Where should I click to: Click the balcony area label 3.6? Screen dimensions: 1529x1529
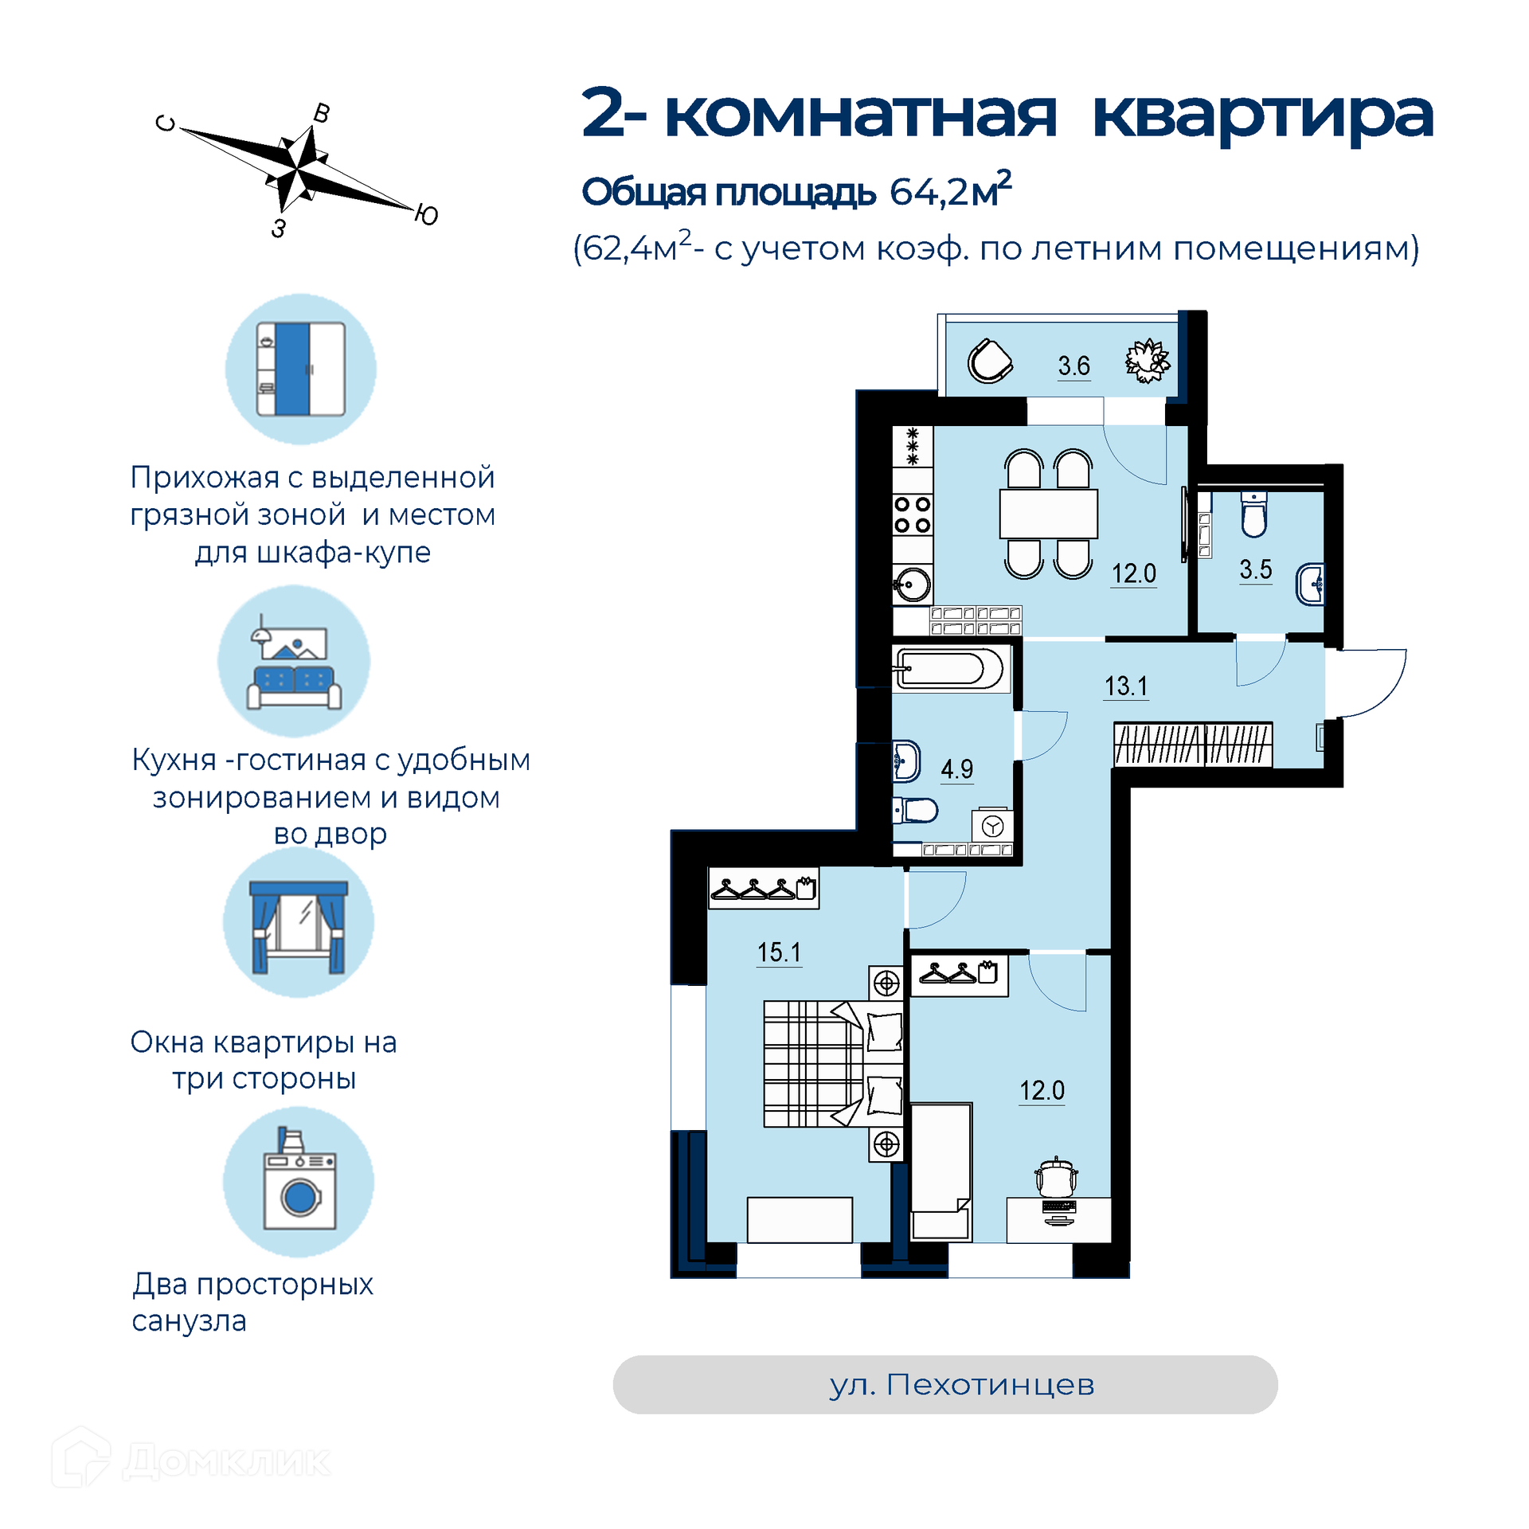[1073, 366]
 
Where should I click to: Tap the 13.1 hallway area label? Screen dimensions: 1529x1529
[1126, 686]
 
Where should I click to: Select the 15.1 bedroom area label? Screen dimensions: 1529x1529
[779, 952]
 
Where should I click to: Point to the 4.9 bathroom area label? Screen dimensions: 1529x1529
[956, 768]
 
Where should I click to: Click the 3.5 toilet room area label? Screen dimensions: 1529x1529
[1255, 569]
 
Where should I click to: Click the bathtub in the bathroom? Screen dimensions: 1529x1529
[950, 667]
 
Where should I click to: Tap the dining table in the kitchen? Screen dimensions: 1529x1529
[1048, 514]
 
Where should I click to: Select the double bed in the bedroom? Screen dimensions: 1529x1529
[833, 1064]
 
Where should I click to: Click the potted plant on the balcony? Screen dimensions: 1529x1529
[1148, 361]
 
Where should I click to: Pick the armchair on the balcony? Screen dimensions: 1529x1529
[989, 362]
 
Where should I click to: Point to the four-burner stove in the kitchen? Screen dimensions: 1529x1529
[913, 514]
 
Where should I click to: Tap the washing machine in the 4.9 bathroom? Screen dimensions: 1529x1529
[992, 826]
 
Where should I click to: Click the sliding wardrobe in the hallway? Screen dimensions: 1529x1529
[1192, 745]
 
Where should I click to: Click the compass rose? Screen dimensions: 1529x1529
[297, 169]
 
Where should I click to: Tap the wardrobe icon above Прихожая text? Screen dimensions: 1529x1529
[300, 369]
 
